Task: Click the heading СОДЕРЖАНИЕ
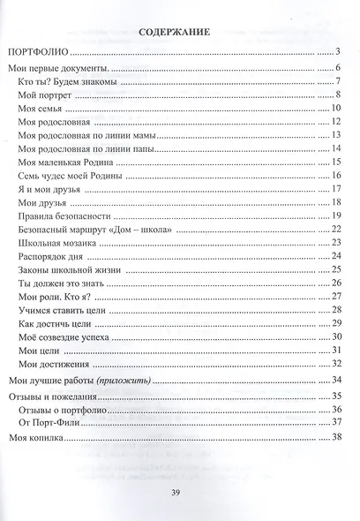click(174, 32)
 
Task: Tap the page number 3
click(339, 54)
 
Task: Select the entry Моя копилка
click(34, 437)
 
